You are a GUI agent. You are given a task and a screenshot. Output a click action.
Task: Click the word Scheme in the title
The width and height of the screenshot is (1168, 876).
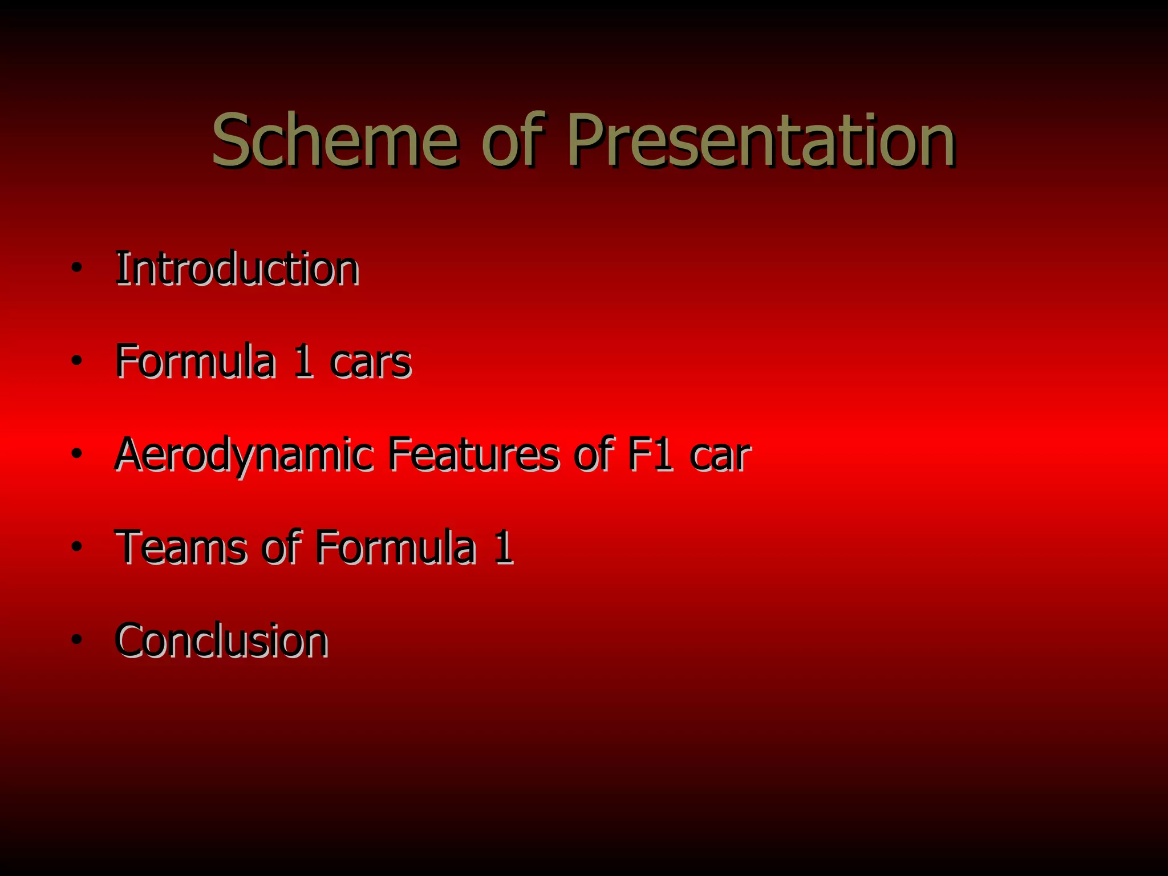coord(335,140)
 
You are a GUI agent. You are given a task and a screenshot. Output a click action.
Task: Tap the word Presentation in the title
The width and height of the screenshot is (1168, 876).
coord(761,140)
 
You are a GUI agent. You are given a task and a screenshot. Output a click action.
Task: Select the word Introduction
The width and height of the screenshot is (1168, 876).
coord(237,268)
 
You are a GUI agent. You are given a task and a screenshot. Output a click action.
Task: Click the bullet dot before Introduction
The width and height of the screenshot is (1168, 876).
coord(77,268)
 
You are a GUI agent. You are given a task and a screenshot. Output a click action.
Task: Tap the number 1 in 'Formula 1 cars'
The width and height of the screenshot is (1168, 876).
coord(303,362)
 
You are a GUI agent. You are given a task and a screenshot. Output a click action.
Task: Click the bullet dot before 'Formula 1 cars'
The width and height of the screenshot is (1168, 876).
coord(77,361)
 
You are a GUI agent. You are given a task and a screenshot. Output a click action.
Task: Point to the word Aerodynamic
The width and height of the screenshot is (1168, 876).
coord(244,455)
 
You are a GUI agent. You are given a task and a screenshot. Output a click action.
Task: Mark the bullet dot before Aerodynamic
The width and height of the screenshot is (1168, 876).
coord(77,454)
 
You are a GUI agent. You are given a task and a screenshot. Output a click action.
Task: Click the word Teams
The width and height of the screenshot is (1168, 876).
coord(181,547)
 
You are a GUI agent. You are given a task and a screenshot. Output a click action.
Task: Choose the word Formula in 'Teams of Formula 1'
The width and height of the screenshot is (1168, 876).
coord(395,547)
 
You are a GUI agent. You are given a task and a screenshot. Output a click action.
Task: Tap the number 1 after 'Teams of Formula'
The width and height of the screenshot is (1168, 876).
coord(503,547)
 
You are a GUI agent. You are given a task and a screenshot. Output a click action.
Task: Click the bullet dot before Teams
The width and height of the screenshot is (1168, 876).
coord(77,547)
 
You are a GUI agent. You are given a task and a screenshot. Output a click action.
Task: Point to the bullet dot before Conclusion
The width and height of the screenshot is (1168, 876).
coord(77,640)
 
